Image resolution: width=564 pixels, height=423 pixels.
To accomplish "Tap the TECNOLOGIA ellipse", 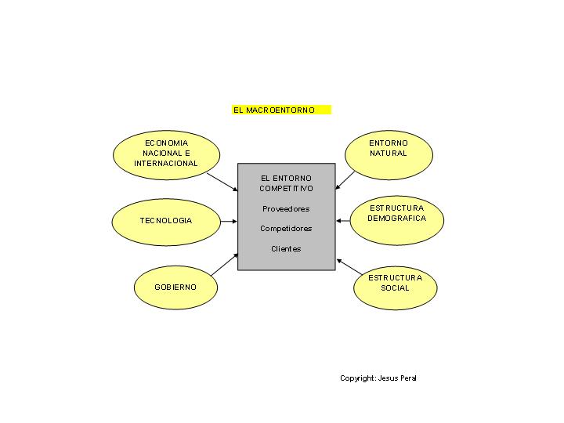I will pos(165,221).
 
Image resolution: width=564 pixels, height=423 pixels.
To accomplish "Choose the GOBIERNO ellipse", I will pos(175,287).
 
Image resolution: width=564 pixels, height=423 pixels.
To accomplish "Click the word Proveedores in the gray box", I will pos(286,209).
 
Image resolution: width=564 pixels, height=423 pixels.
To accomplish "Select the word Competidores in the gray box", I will pos(286,229).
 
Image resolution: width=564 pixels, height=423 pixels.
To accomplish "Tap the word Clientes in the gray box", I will pos(286,249).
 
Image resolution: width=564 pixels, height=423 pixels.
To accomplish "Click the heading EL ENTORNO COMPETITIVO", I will pos(286,183).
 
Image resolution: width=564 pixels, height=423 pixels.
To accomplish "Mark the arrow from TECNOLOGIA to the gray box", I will pos(228,222).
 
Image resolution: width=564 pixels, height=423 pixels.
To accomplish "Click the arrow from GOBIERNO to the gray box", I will pos(225,263).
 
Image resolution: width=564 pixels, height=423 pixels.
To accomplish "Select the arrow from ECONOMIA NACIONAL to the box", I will pos(222,182).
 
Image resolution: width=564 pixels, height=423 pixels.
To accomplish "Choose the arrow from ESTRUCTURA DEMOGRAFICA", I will pos(344,221).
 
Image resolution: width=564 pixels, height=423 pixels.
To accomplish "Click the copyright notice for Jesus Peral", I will pos(378,378).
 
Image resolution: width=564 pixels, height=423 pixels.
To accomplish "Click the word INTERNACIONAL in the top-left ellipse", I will pos(166,164).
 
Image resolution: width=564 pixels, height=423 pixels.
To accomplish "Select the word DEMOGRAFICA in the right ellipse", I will pos(397,219).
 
